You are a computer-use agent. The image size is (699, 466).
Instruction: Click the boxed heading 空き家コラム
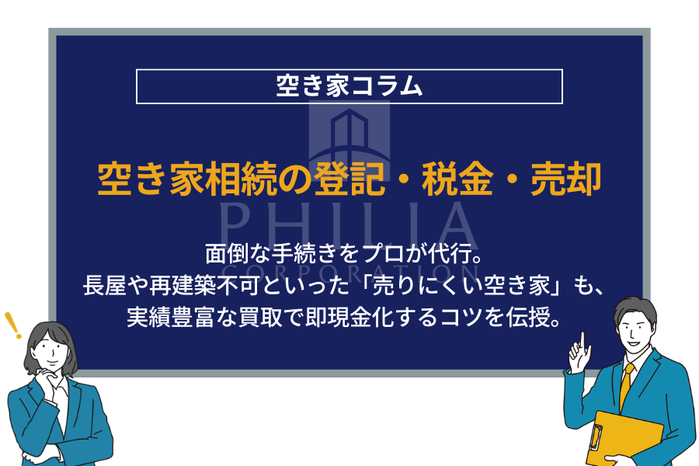point(349,86)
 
